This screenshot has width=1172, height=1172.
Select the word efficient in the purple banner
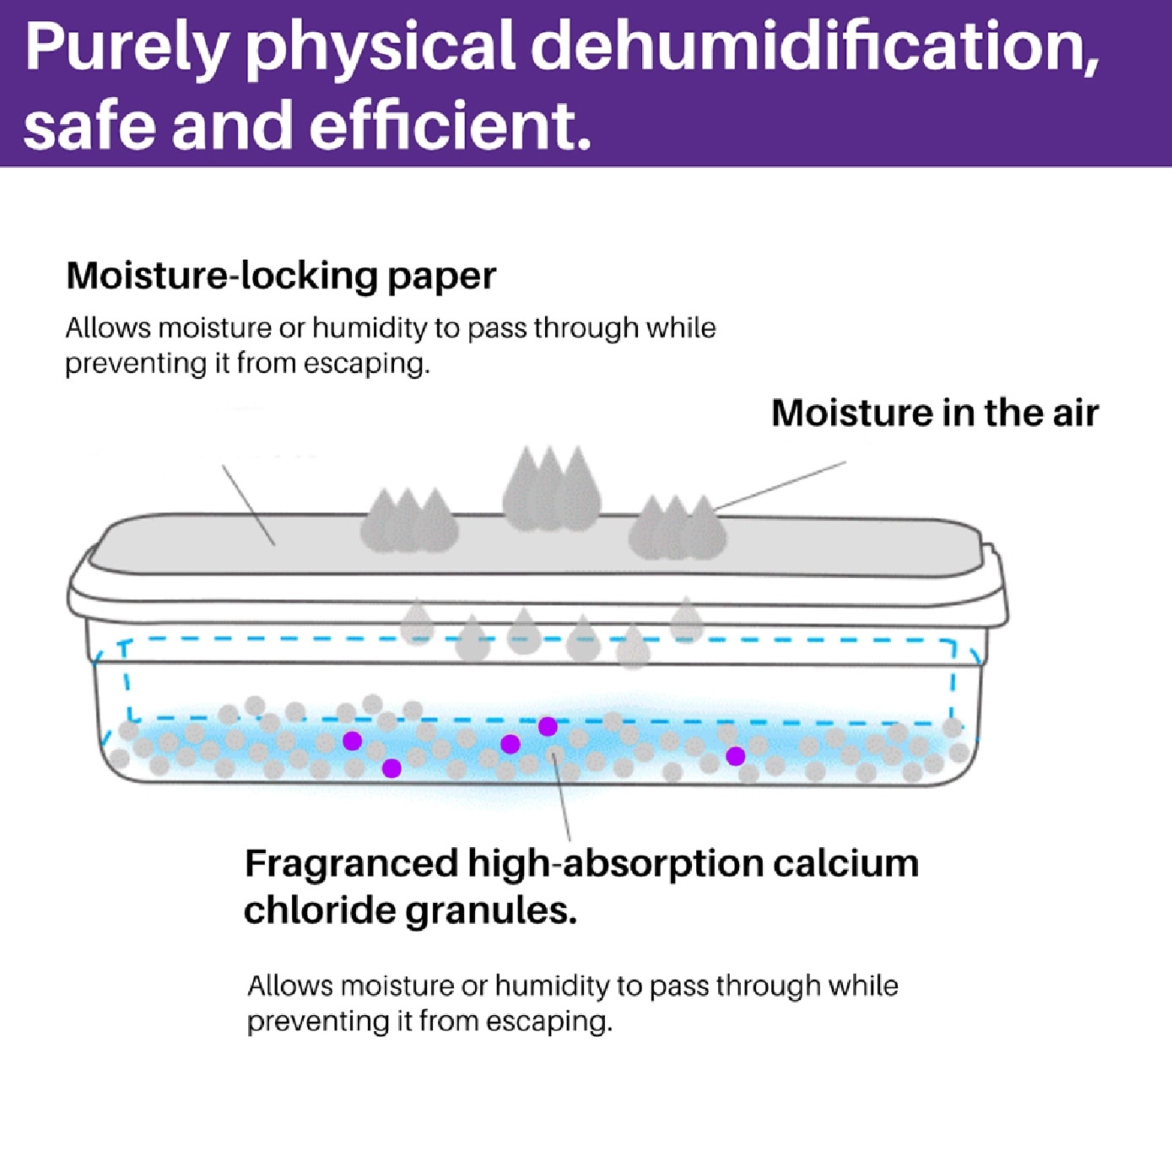pos(450,124)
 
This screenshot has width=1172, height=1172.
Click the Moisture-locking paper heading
pos(281,277)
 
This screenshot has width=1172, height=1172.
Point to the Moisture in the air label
pos(935,413)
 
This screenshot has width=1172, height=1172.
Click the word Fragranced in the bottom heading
pos(351,864)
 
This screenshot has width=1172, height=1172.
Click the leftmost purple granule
pos(352,740)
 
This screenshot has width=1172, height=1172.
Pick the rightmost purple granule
pos(735,756)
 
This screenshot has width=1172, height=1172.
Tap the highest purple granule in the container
pos(548,726)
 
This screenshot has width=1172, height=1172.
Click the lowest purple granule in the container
pos(392,768)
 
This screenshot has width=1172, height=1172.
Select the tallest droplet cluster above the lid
pos(551,489)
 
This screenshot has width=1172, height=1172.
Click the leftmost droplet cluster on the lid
pos(408,520)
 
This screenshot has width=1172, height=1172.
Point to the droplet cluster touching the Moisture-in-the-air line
pos(677,527)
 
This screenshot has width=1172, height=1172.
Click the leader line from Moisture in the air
pos(780,484)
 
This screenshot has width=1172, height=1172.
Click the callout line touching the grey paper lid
pos(248,505)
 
